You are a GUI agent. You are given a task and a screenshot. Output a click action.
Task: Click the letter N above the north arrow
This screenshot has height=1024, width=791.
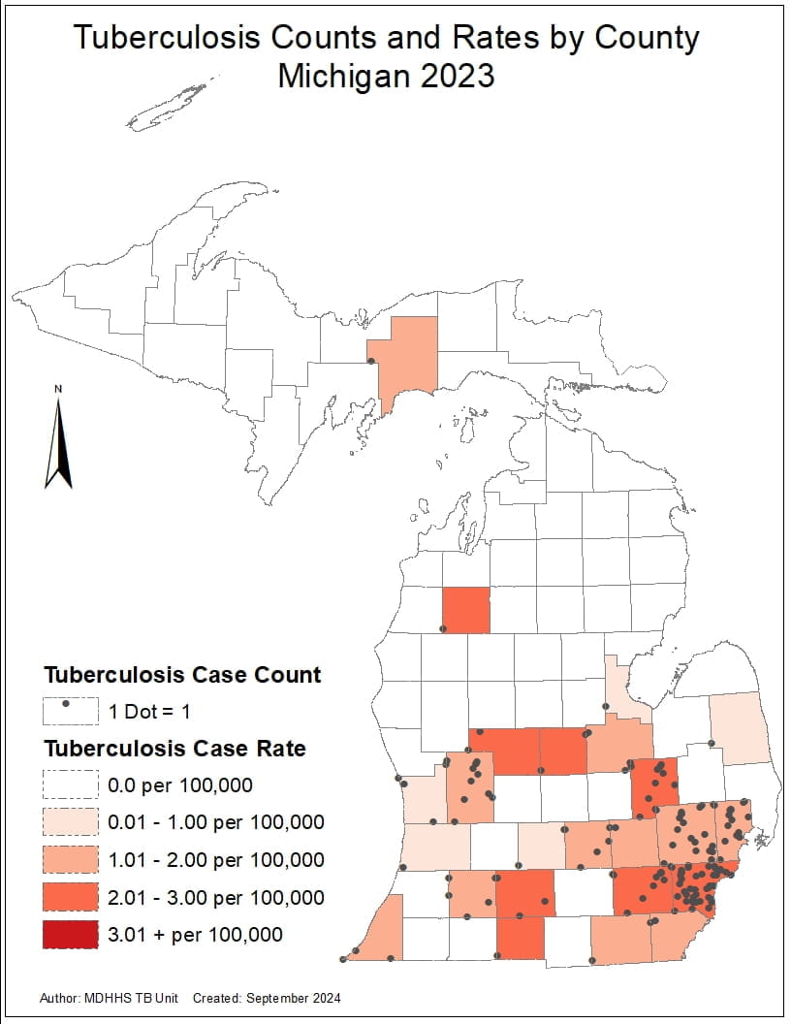click(58, 390)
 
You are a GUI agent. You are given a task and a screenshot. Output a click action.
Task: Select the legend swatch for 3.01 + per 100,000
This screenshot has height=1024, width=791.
click(70, 934)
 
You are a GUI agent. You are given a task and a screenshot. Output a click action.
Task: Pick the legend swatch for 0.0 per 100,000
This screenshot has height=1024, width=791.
click(70, 784)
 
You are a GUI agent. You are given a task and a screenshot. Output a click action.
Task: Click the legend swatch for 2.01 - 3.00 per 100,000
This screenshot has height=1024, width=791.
click(70, 897)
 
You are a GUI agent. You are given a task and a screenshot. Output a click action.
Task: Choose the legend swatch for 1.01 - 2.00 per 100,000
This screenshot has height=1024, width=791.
click(70, 859)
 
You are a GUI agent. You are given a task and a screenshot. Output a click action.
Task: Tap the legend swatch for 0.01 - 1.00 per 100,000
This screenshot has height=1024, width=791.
click(70, 822)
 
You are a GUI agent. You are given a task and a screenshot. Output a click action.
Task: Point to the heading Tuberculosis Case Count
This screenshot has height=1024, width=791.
click(182, 675)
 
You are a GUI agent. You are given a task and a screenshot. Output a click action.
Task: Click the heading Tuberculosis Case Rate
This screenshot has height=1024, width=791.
click(174, 749)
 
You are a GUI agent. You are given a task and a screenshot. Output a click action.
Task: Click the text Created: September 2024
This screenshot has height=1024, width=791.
click(267, 998)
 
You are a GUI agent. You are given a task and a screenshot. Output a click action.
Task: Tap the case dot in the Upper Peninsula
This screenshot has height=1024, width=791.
click(371, 362)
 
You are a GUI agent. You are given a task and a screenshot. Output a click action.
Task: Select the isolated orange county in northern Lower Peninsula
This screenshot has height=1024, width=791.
click(465, 610)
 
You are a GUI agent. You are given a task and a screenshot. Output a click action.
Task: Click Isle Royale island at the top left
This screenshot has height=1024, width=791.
click(170, 107)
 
